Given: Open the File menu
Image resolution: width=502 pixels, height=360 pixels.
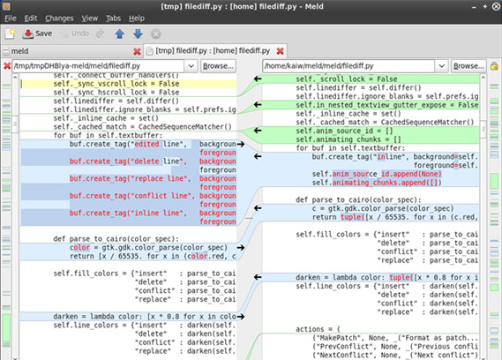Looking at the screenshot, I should tap(10, 18).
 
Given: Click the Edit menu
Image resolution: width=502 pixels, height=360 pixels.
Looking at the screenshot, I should tap(31, 18).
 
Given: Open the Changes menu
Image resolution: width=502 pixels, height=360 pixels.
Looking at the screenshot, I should tap(59, 18).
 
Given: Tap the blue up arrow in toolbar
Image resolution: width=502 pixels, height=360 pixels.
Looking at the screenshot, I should tap(119, 34).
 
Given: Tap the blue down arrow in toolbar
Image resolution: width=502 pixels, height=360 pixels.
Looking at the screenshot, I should tap(137, 34).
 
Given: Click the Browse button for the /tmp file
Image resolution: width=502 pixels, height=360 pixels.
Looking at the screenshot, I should tap(217, 66).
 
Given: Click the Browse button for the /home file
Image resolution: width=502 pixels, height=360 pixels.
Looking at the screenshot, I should tap(468, 66).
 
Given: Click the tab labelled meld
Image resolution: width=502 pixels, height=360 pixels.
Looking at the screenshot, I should tap(19, 51).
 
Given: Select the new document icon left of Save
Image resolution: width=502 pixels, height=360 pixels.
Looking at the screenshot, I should tap(10, 34).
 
